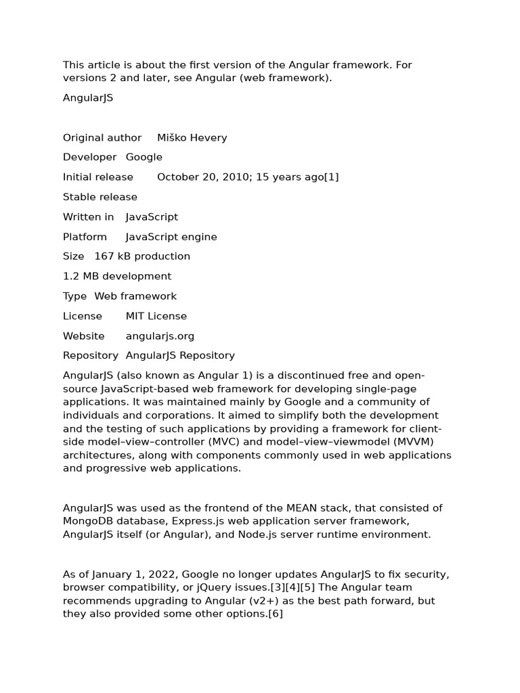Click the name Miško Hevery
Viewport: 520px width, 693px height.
192,137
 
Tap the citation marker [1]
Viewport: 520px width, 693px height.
331,177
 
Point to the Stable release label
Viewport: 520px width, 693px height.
100,197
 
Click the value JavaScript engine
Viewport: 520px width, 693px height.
171,237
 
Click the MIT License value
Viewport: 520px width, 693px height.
156,316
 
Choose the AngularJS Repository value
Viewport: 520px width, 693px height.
180,355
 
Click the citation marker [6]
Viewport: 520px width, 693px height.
275,614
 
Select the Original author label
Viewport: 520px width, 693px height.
102,137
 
